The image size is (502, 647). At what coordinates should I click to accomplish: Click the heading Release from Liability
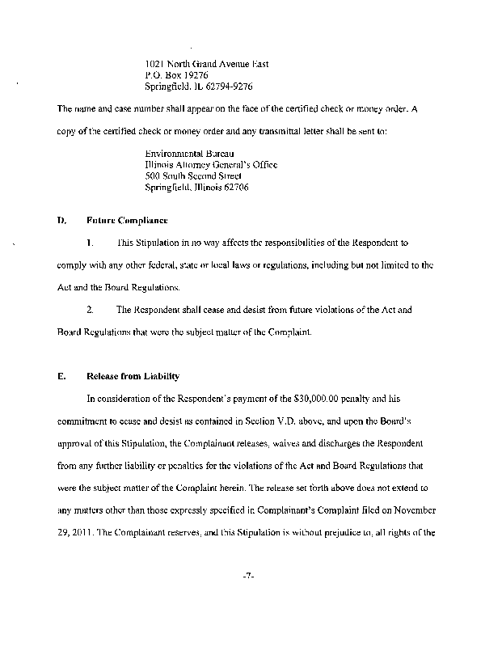click(133, 377)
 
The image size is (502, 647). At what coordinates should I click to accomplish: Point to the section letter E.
click(61, 377)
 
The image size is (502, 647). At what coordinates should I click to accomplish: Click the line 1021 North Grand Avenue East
click(206, 64)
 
